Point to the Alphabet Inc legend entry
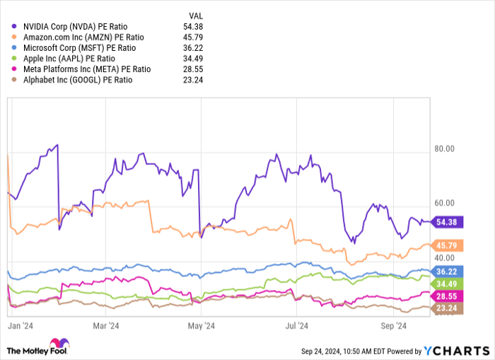click(x=76, y=80)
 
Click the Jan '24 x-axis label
click(x=23, y=326)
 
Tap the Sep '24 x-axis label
click(x=392, y=326)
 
